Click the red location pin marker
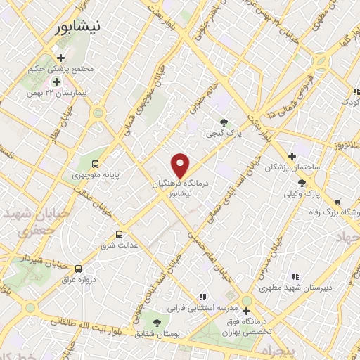181,165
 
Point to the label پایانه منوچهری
96,172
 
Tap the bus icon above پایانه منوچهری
96,162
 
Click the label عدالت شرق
119,245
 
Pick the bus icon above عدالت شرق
118,234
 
